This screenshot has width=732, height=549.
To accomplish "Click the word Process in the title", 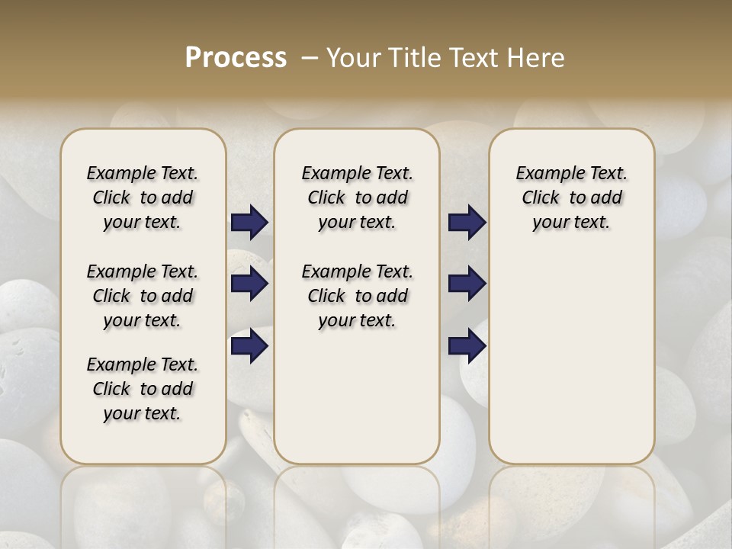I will tap(236, 57).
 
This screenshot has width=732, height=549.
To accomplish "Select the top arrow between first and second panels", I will tap(249, 222).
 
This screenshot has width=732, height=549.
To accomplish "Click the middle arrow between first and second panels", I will tap(249, 284).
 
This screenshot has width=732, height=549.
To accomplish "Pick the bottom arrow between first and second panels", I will tap(249, 345).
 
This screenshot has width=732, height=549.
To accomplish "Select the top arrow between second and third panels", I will tap(467, 222).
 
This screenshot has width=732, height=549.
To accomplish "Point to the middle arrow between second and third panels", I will tap(467, 284).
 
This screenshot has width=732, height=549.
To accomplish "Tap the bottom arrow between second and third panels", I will tap(467, 345).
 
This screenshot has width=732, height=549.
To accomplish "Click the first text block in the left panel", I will tap(143, 197).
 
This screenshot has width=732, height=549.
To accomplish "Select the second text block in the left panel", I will tap(143, 296).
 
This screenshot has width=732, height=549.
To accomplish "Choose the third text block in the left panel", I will tap(143, 389).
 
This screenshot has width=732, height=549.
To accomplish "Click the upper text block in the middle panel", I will tap(357, 197).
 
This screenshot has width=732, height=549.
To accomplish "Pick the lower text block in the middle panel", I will tap(357, 296).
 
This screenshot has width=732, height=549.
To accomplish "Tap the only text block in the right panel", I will tap(572, 197).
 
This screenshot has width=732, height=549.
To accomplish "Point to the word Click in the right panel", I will tap(541, 197).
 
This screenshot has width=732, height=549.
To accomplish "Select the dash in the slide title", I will tap(309, 57).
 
